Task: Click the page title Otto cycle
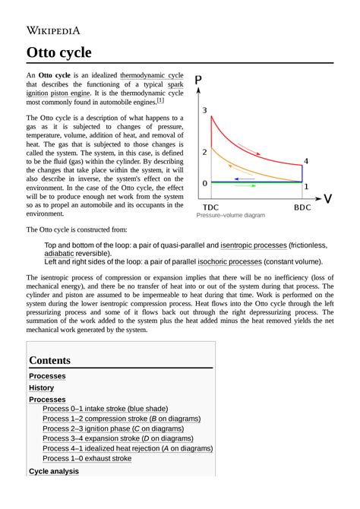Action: pyautogui.click(x=59, y=53)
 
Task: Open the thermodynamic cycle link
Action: pyautogui.click(x=151, y=77)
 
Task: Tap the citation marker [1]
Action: pyautogui.click(x=159, y=100)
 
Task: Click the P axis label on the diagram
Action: pyautogui.click(x=198, y=80)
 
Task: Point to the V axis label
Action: pyautogui.click(x=327, y=199)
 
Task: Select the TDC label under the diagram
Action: pyautogui.click(x=213, y=207)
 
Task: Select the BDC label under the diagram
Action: pyautogui.click(x=302, y=207)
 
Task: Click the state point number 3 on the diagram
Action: pyautogui.click(x=204, y=112)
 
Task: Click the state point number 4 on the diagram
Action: pyautogui.click(x=306, y=161)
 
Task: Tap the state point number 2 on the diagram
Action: pyautogui.click(x=204, y=153)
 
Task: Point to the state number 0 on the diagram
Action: pyautogui.click(x=204, y=183)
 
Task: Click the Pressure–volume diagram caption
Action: pyautogui.click(x=231, y=216)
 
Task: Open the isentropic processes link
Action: pyautogui.click(x=254, y=246)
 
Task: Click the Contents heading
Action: pyautogui.click(x=49, y=360)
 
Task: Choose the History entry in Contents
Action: pyautogui.click(x=41, y=387)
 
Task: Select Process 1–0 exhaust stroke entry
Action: pyautogui.click(x=87, y=458)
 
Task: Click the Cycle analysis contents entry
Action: pyautogui.click(x=53, y=471)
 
